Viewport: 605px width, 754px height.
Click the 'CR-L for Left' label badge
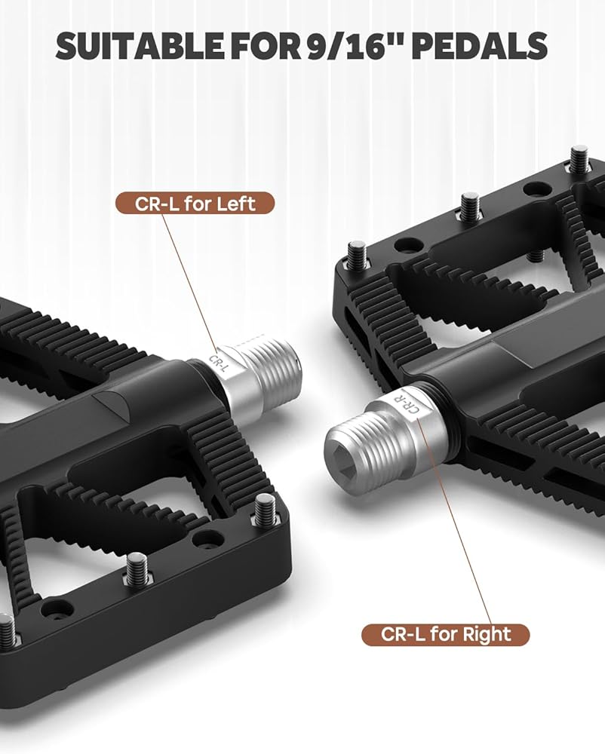195,204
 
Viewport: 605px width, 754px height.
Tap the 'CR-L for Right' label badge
445,634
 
